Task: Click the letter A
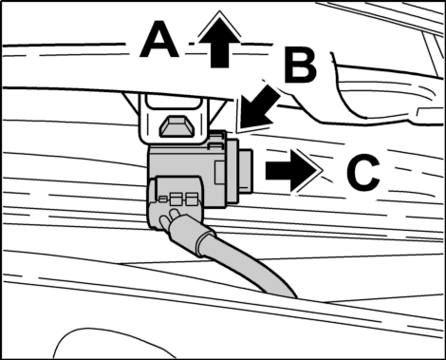pos(159,40)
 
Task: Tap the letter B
pos(300,65)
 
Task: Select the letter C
pos(363,172)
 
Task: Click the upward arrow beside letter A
pos(219,41)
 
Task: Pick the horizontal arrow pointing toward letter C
pos(290,171)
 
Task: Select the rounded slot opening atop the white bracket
pos(174,102)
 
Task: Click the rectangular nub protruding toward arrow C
pos(247,171)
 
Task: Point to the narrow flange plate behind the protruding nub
pos(232,171)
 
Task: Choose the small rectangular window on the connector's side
pos(219,173)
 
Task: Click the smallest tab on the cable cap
pos(162,199)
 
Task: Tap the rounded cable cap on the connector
pos(176,202)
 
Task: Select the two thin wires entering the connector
pos(168,218)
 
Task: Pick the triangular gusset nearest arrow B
pos(217,110)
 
